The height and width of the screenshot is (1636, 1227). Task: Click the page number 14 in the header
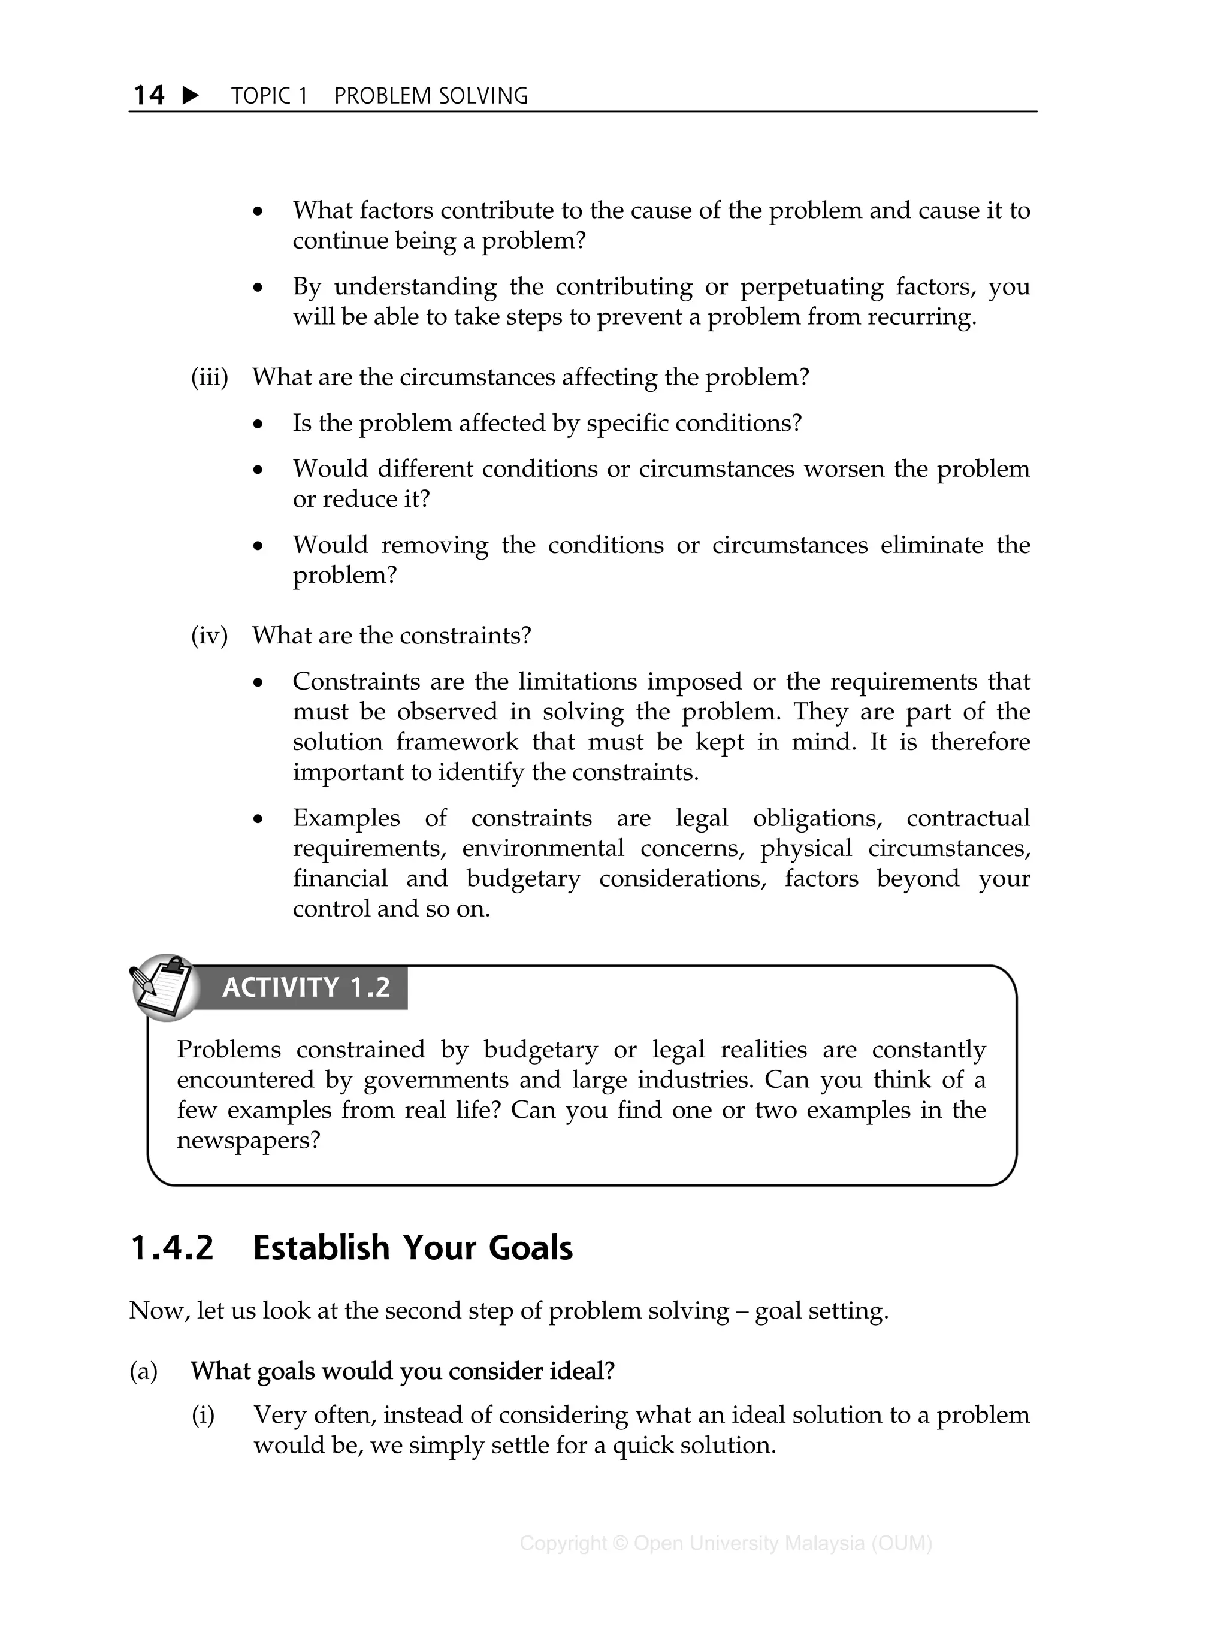149,95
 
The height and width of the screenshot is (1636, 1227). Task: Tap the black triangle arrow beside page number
190,95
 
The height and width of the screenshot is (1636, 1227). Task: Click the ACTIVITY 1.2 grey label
306,988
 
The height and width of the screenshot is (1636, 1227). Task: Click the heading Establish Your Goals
413,1248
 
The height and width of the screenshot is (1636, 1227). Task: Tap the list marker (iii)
209,377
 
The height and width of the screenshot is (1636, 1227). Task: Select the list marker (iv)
209,636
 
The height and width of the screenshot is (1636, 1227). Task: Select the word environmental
543,848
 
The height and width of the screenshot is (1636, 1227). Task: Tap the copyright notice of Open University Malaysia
726,1543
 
